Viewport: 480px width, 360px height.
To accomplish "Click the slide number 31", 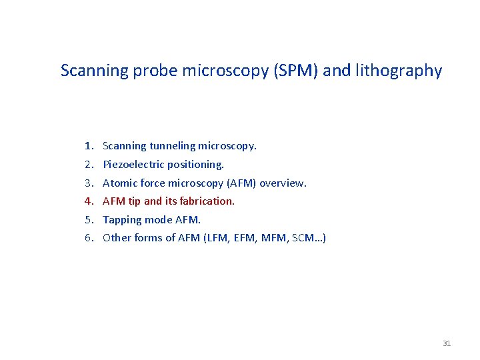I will [x=447, y=343].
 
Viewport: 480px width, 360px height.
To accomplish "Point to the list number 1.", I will [x=88, y=145].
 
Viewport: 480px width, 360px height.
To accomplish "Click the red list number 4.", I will [x=88, y=201].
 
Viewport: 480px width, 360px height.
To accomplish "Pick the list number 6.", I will [x=88, y=238].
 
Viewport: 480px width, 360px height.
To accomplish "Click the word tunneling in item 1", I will [x=173, y=145].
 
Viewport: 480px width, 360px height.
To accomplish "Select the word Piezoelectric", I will [x=133, y=164].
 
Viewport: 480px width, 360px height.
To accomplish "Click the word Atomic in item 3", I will [x=119, y=183].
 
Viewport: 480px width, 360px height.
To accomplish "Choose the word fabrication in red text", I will [x=207, y=201].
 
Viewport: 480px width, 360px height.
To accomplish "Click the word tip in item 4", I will [x=134, y=201].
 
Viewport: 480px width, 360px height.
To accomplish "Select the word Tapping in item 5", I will [x=121, y=219].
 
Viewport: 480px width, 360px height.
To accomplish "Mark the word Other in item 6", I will [x=117, y=238].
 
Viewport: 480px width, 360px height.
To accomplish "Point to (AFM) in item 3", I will [x=241, y=183].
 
